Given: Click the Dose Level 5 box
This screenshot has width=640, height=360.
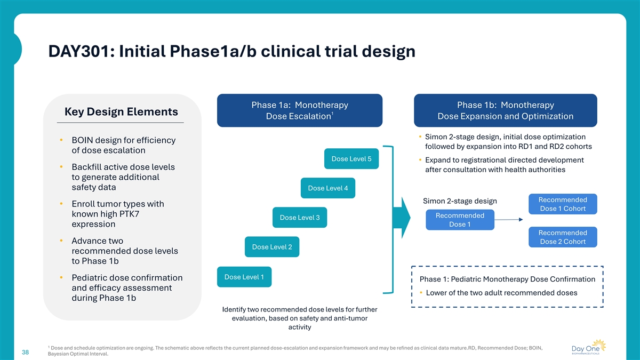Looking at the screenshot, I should (x=351, y=159).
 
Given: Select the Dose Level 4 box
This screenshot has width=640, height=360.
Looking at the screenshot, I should (x=328, y=188).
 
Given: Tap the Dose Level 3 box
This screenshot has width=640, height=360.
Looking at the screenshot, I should (x=299, y=218).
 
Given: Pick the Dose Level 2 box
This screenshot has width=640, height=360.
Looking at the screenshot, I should (x=272, y=247).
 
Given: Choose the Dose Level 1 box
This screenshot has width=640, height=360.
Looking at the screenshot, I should (x=244, y=277).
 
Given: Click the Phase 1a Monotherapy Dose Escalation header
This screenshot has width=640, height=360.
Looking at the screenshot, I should (x=300, y=110).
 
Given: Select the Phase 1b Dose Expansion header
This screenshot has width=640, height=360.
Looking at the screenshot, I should (x=505, y=110).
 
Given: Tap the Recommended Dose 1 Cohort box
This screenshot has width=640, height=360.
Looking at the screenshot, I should (x=563, y=204).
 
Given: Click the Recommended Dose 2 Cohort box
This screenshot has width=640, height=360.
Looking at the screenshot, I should (x=563, y=237).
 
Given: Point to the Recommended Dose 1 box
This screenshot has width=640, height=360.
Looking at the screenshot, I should (x=460, y=220).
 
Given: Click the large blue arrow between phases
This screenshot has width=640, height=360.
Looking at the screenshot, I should (x=401, y=218).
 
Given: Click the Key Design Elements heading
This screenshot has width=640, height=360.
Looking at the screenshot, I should (x=121, y=112).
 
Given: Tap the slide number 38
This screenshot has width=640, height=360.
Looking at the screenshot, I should (x=25, y=352).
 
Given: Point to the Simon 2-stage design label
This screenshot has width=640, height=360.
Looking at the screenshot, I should (x=460, y=201).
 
